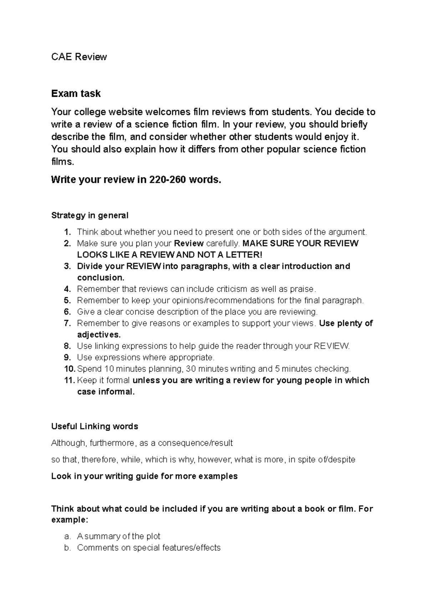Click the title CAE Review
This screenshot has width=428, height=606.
[79, 57]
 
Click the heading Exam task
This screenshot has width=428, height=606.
[76, 94]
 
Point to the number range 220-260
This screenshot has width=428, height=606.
[168, 180]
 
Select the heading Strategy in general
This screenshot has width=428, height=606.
[90, 216]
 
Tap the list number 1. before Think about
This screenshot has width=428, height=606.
[68, 232]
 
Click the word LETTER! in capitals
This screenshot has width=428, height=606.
[246, 255]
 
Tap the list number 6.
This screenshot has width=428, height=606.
[68, 312]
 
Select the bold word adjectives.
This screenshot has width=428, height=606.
[99, 335]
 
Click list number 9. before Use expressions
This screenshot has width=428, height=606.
[68, 358]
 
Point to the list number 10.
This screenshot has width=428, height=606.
[69, 369]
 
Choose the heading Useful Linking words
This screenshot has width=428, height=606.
[95, 426]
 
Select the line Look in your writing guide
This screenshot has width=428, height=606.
[144, 476]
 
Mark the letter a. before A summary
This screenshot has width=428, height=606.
[68, 536]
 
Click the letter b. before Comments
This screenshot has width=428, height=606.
[68, 548]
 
